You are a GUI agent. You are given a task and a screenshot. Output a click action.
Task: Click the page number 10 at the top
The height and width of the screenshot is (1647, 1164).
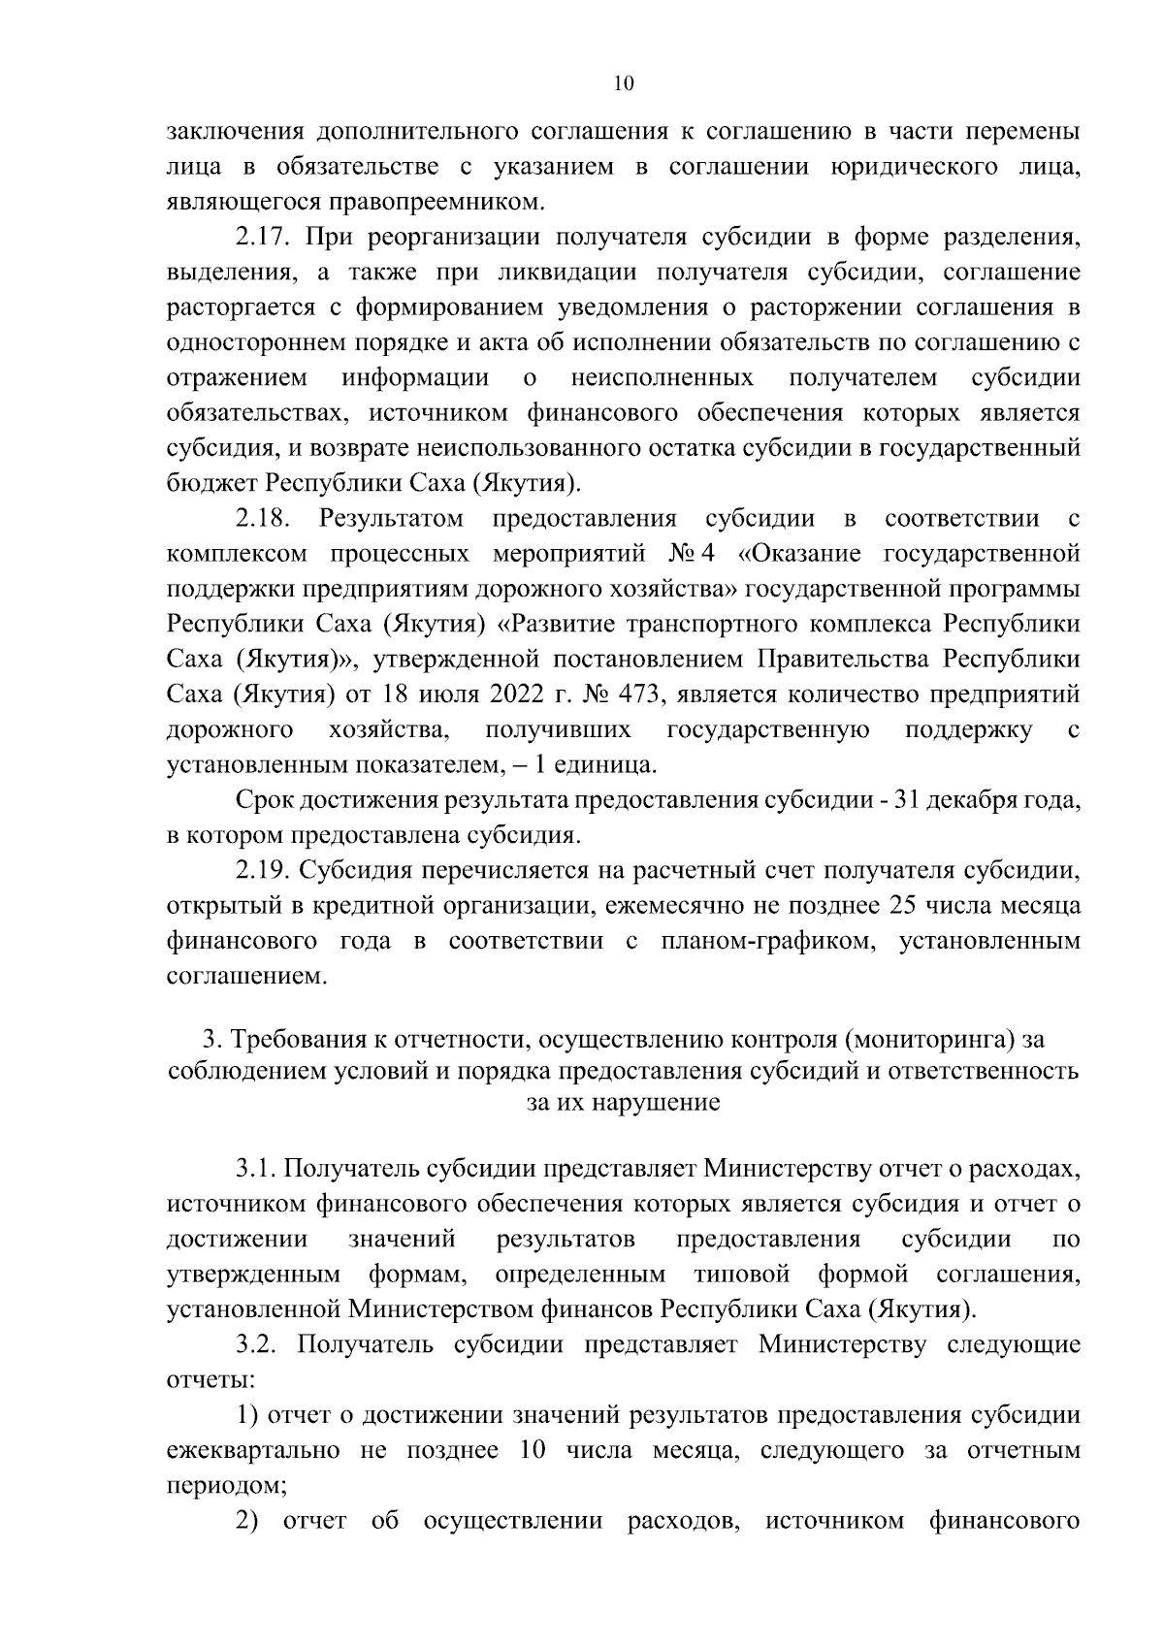pyautogui.click(x=624, y=83)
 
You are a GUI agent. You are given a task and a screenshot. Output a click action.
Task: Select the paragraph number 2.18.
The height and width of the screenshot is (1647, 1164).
pyautogui.click(x=265, y=519)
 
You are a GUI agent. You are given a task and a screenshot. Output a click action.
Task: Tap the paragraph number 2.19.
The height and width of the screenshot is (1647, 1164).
pyautogui.click(x=265, y=870)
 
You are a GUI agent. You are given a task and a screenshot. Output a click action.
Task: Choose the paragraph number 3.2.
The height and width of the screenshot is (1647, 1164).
pyautogui.click(x=259, y=1345)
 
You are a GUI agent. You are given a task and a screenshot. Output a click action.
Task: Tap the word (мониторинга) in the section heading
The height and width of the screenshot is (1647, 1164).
pyautogui.click(x=930, y=1040)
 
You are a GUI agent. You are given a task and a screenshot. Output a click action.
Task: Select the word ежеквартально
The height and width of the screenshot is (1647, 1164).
pyautogui.click(x=253, y=1451)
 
